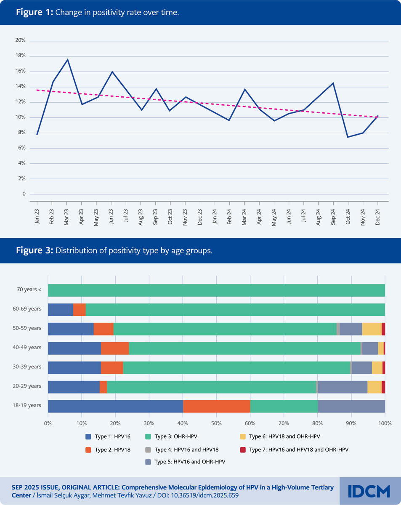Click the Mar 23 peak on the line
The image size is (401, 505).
tap(67, 59)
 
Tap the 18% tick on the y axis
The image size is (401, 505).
tap(21, 56)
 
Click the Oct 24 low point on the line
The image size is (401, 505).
tap(348, 137)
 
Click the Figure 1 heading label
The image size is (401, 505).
tap(35, 12)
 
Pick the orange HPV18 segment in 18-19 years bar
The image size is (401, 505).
tap(217, 407)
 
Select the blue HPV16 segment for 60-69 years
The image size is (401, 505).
tap(60, 309)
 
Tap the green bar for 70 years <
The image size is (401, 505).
tap(216, 290)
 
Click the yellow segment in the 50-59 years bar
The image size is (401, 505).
tap(372, 329)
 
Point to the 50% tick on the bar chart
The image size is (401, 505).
tap(216, 423)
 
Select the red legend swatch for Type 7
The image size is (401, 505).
tap(243, 449)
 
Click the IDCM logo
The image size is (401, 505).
tap(369, 491)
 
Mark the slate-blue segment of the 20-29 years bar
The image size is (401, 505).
tap(343, 387)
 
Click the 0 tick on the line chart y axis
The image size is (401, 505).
tap(24, 194)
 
